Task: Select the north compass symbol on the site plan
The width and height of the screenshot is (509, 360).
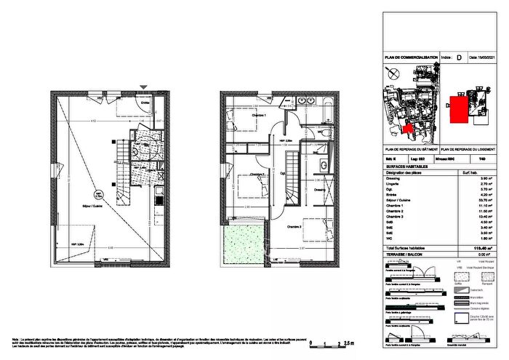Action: click(392, 73)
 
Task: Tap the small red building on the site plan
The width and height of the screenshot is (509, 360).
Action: click(408, 129)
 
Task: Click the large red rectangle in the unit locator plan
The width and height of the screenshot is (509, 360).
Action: click(458, 109)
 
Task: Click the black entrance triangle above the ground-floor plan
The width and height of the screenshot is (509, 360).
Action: click(144, 88)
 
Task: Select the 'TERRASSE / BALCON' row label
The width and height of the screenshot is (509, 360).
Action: click(407, 255)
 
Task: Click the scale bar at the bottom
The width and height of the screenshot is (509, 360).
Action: click(332, 343)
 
